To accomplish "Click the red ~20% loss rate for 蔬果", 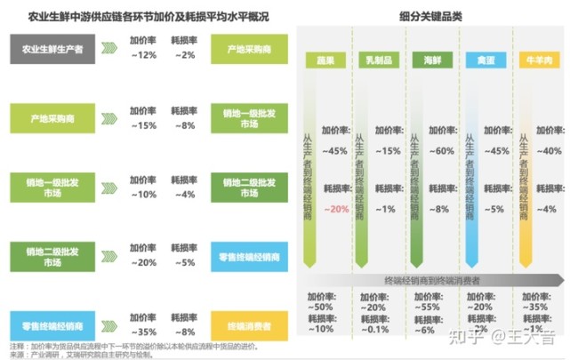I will (336, 210).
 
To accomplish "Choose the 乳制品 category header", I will (377, 60).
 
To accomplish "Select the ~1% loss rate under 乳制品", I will (386, 210).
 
